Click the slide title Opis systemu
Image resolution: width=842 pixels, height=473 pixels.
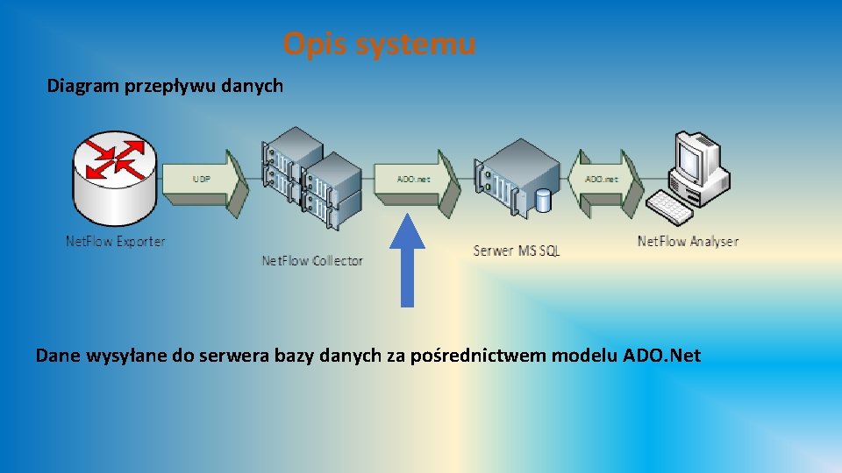(379, 43)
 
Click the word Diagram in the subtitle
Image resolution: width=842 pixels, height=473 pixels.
(80, 86)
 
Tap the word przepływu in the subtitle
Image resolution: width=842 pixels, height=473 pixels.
(164, 87)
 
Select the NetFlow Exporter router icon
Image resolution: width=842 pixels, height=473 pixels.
(116, 179)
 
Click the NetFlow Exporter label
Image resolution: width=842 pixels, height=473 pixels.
(115, 241)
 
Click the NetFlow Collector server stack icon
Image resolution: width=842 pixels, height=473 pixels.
(312, 184)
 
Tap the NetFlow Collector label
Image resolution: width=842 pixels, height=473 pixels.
(312, 260)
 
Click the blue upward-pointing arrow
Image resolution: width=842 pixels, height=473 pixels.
(407, 263)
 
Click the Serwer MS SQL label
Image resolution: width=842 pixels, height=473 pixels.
(516, 251)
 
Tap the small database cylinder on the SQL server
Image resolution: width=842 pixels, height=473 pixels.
(544, 201)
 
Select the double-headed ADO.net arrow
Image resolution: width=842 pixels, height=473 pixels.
(603, 179)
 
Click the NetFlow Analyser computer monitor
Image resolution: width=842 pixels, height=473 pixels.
(690, 158)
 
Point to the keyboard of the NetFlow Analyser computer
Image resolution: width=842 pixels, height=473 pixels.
(670, 207)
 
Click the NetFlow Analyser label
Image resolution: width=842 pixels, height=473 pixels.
(688, 241)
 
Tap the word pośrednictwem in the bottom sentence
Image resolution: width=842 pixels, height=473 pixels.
(471, 356)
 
